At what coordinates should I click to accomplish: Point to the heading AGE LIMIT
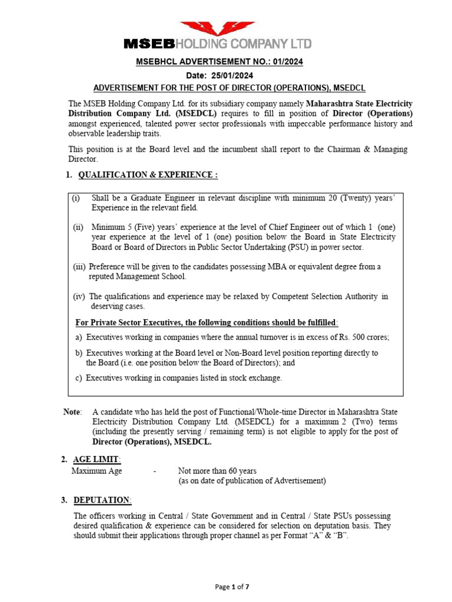(x=97, y=459)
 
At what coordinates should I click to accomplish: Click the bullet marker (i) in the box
(x=77, y=199)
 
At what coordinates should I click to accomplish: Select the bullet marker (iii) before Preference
(x=79, y=266)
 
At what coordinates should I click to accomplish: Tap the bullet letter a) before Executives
(x=79, y=337)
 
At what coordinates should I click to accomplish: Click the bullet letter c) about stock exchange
(x=79, y=378)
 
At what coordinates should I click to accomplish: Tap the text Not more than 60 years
(x=217, y=471)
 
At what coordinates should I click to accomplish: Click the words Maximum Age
(x=98, y=471)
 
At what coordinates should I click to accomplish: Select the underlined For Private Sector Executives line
(x=207, y=322)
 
